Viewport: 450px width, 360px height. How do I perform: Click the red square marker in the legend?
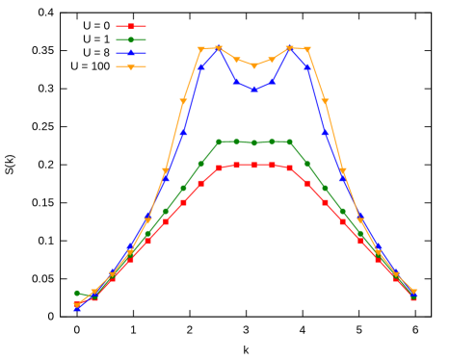click(131, 27)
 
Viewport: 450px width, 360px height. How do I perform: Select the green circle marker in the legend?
click(131, 40)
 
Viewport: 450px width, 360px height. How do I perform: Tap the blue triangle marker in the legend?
click(131, 53)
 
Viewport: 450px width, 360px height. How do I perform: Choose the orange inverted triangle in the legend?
click(131, 67)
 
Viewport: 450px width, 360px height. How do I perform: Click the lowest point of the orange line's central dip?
click(254, 66)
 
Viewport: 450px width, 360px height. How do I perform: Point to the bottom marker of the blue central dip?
click(254, 89)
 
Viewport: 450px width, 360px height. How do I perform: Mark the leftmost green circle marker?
click(77, 294)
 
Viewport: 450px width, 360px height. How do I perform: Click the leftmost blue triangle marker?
click(77, 308)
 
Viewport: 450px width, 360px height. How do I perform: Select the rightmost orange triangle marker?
click(414, 293)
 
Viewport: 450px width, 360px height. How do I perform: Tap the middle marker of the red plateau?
click(254, 165)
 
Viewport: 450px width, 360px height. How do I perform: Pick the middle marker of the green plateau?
click(254, 142)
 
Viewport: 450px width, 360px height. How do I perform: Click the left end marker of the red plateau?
click(219, 167)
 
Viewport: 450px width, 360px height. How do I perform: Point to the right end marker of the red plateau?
click(289, 167)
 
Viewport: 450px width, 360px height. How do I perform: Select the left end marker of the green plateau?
click(219, 141)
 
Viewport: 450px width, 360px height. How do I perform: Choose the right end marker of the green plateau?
click(289, 141)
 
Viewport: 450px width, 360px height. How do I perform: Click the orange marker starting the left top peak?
click(201, 49)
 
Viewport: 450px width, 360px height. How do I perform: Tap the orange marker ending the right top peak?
click(307, 49)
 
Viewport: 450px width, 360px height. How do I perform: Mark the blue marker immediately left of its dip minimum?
click(236, 82)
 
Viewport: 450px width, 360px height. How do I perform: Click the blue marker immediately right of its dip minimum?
click(272, 82)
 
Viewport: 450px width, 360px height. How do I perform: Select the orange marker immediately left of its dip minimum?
click(236, 60)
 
